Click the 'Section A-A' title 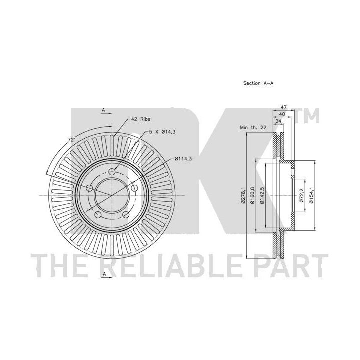point(258,83)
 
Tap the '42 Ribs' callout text point(140,119)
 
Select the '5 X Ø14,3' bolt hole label point(162,132)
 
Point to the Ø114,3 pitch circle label point(183,158)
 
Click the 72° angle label point(71,140)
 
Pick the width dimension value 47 point(284,107)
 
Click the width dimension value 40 point(282,114)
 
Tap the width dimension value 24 point(278,121)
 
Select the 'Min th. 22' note point(253,127)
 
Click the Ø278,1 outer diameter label point(243,195)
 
